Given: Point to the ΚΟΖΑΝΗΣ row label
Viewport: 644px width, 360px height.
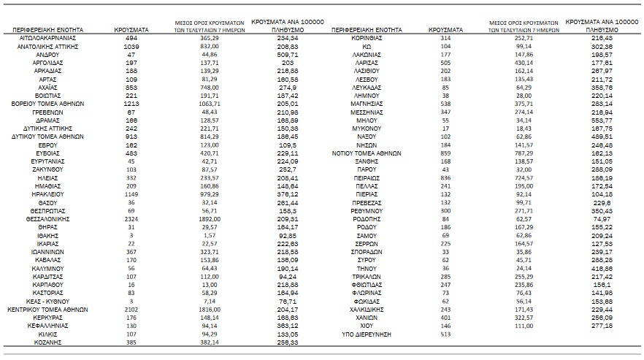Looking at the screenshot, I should [48, 341].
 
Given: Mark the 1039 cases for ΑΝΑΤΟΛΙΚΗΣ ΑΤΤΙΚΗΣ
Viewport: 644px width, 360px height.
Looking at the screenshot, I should [132, 46].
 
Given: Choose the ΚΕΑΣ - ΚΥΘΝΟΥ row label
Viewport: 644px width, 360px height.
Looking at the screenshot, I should [48, 300].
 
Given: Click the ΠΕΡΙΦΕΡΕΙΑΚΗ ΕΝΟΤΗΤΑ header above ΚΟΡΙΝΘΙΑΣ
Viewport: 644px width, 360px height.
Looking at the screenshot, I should [364, 31].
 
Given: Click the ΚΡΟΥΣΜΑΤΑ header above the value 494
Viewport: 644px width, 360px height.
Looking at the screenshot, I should [132, 31].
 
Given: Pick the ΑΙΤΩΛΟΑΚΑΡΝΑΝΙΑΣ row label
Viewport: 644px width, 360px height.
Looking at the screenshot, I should [48, 37].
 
